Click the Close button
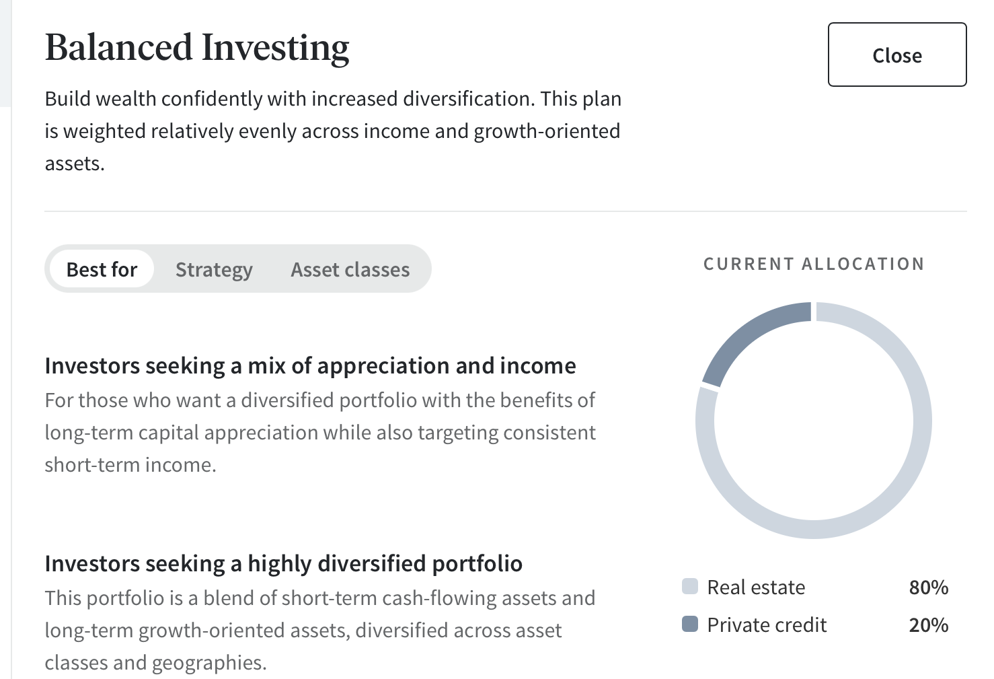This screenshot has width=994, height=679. (x=896, y=55)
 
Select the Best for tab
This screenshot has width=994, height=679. (x=102, y=269)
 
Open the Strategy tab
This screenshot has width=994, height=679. (x=214, y=270)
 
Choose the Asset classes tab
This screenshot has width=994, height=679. (x=350, y=270)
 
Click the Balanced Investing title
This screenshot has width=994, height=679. (x=197, y=48)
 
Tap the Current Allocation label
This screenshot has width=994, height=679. (x=814, y=264)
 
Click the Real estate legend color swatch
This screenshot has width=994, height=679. (x=689, y=586)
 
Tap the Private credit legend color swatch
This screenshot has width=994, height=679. (x=689, y=624)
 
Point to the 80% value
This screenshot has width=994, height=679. (x=928, y=587)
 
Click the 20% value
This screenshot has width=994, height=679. (x=928, y=624)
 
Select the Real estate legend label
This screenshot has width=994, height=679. (x=756, y=587)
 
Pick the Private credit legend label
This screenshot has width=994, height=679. (x=767, y=624)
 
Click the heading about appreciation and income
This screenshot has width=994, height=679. (x=310, y=366)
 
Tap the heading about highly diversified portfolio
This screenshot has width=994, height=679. (x=284, y=563)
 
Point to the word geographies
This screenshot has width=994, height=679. (x=209, y=663)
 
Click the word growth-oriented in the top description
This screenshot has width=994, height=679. (x=547, y=131)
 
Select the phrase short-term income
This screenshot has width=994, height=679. (x=130, y=465)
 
